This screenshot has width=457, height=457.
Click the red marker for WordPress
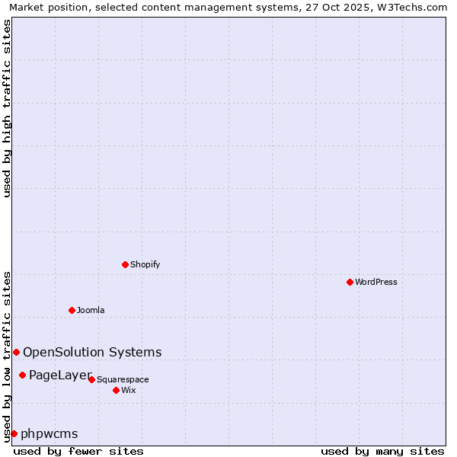click(350, 282)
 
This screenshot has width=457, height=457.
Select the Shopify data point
click(125, 264)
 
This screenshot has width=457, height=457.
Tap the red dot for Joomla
click(72, 310)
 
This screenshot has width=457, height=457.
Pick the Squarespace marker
click(91, 379)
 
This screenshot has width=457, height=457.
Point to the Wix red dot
click(116, 390)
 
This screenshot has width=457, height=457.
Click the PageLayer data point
click(22, 375)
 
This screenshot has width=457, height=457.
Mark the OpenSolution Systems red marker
click(16, 352)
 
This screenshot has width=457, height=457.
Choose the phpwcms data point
click(14, 433)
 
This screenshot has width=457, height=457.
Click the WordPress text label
click(376, 282)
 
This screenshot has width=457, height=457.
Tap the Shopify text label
click(145, 264)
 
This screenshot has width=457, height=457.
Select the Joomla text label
click(91, 310)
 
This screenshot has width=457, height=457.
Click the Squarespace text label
click(123, 379)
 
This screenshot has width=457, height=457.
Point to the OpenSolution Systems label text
click(92, 352)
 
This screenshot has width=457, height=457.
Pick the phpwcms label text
click(50, 433)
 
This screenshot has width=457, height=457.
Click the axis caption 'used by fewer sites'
click(78, 451)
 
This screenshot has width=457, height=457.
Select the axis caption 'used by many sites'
click(382, 451)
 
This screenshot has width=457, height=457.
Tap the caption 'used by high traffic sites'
click(7, 108)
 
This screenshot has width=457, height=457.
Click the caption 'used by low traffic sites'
click(7, 356)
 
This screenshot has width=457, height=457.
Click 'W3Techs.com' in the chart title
click(410, 8)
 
